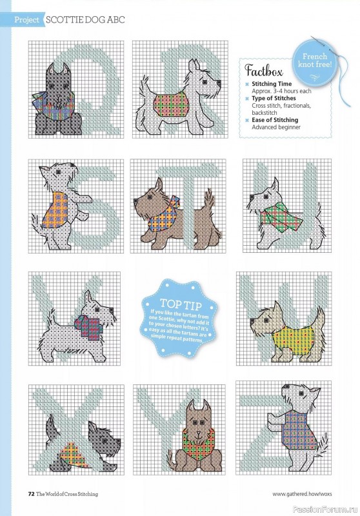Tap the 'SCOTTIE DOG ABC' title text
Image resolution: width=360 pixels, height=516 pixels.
85,20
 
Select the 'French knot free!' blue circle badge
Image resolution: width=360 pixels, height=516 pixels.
315,61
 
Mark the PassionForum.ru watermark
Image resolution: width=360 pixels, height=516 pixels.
330,509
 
